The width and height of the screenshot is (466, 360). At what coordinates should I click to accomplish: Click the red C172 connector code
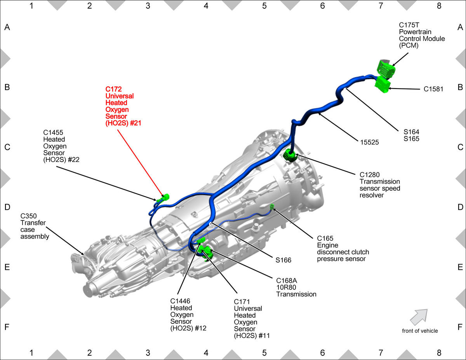113,89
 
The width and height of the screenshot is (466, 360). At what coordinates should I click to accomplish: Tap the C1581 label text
433,89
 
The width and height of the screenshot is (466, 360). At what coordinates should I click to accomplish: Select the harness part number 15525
369,142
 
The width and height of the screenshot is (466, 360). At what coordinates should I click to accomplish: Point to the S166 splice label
283,260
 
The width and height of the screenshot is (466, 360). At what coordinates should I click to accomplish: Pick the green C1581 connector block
383,85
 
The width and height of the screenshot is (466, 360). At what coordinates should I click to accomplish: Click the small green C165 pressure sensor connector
272,207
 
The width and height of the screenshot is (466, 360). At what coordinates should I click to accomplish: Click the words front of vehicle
420,331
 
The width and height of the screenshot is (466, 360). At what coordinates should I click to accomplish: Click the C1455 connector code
53,132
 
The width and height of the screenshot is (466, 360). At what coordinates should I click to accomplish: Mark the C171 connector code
242,302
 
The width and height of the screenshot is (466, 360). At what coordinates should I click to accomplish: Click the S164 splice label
411,132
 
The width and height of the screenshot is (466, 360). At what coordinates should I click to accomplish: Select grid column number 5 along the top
264,6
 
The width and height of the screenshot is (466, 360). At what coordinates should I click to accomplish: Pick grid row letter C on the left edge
7,147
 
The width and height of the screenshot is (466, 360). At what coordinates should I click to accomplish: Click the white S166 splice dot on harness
210,224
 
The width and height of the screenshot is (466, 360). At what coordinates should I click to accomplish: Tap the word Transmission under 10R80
296,294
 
